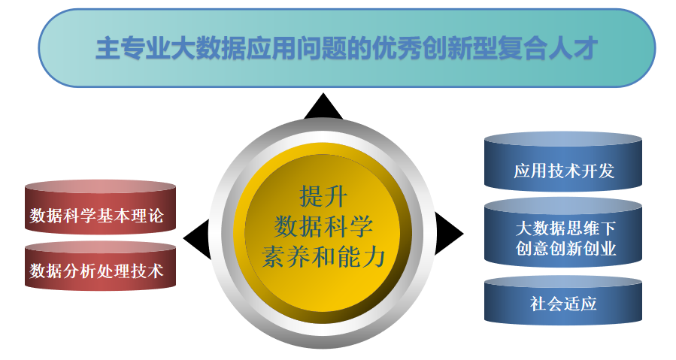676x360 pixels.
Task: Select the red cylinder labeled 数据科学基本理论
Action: [101, 207]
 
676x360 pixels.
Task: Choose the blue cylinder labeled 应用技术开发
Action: [563, 162]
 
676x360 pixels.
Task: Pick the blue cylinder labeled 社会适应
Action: [563, 301]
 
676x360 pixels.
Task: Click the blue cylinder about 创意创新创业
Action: [563, 232]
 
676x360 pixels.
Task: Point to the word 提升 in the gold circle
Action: [323, 196]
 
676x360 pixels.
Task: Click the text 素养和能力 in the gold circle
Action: [323, 256]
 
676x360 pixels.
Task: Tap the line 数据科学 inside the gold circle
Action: [323, 226]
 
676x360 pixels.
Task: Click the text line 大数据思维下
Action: [565, 228]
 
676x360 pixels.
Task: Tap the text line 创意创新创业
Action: [565, 248]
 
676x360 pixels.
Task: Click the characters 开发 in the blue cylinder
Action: [598, 171]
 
